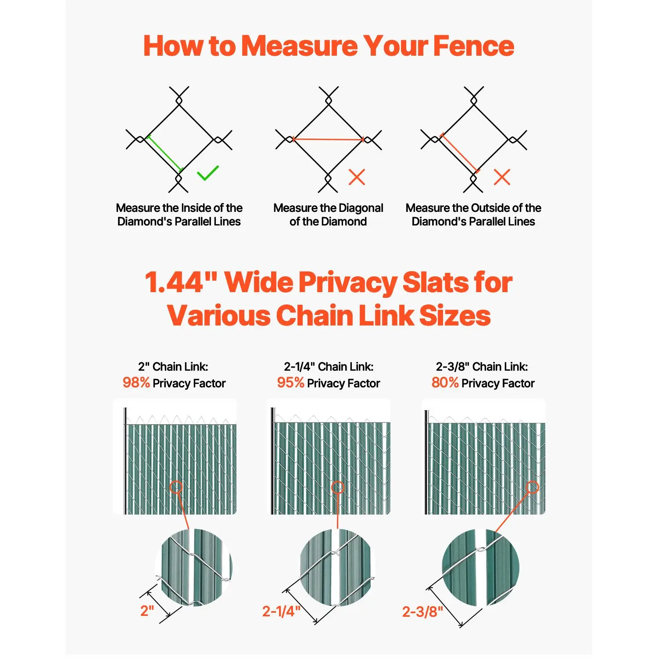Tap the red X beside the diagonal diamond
click(x=357, y=177)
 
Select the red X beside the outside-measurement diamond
click(x=502, y=177)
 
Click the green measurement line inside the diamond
click(x=164, y=154)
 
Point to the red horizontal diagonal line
click(x=328, y=139)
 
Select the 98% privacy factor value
click(x=136, y=383)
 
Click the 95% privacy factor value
click(x=290, y=383)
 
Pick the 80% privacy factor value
click(x=445, y=383)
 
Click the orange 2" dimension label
click(x=147, y=611)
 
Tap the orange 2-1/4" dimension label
click(x=281, y=611)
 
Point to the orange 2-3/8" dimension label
click(x=422, y=612)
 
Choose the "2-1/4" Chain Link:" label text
click(x=329, y=367)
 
